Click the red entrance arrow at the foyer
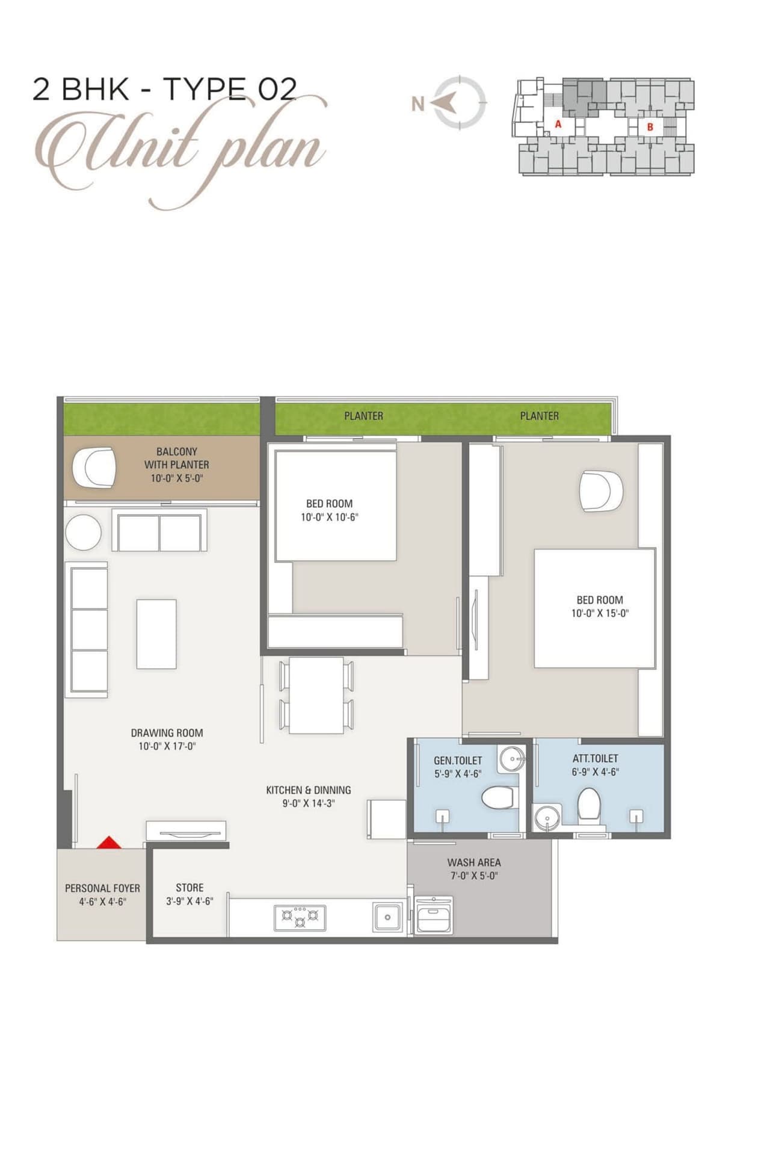point(109,842)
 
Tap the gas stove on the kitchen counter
point(300,917)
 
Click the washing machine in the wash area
point(433,915)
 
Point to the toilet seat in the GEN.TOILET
point(497,798)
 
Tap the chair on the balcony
point(95,468)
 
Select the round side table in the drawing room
point(83,532)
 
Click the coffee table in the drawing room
point(156,634)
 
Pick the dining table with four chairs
point(316,695)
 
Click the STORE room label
point(189,888)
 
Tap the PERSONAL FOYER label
point(102,888)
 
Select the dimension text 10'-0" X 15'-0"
point(600,613)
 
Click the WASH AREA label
point(474,862)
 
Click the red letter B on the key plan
point(650,127)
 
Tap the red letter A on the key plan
point(558,124)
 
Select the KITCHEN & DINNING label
point(309,790)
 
